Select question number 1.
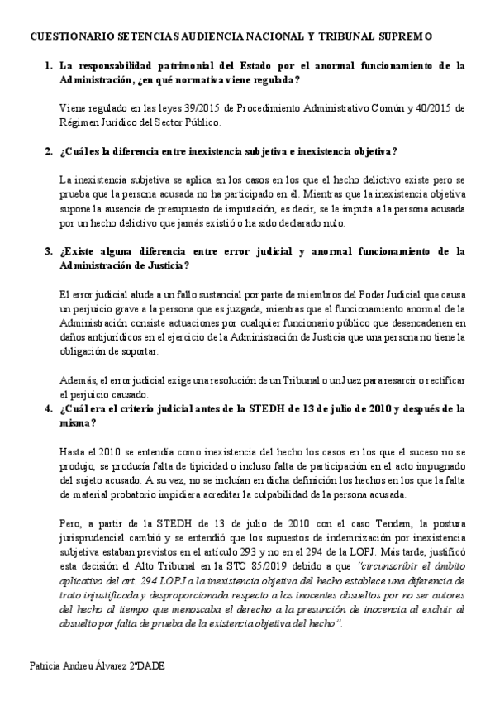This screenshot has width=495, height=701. [x=49, y=64]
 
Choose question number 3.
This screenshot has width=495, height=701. [x=49, y=250]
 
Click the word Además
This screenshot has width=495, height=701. [x=78, y=379]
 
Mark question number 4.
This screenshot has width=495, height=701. [x=49, y=408]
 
